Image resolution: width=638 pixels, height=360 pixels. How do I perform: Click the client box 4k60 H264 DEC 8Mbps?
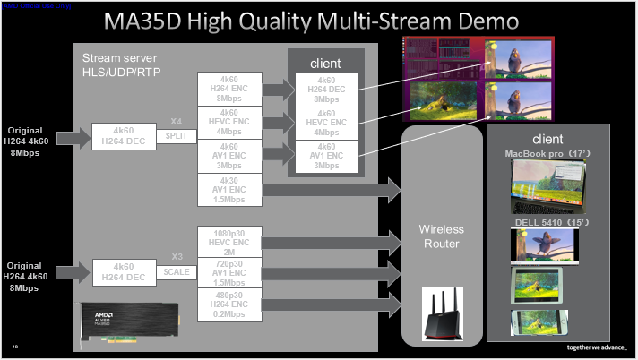(x=327, y=90)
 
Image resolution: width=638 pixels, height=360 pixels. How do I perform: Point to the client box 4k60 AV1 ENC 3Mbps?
(x=327, y=156)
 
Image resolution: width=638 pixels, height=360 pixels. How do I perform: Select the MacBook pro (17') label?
(x=547, y=154)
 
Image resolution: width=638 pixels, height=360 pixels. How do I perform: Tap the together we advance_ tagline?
(x=597, y=347)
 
